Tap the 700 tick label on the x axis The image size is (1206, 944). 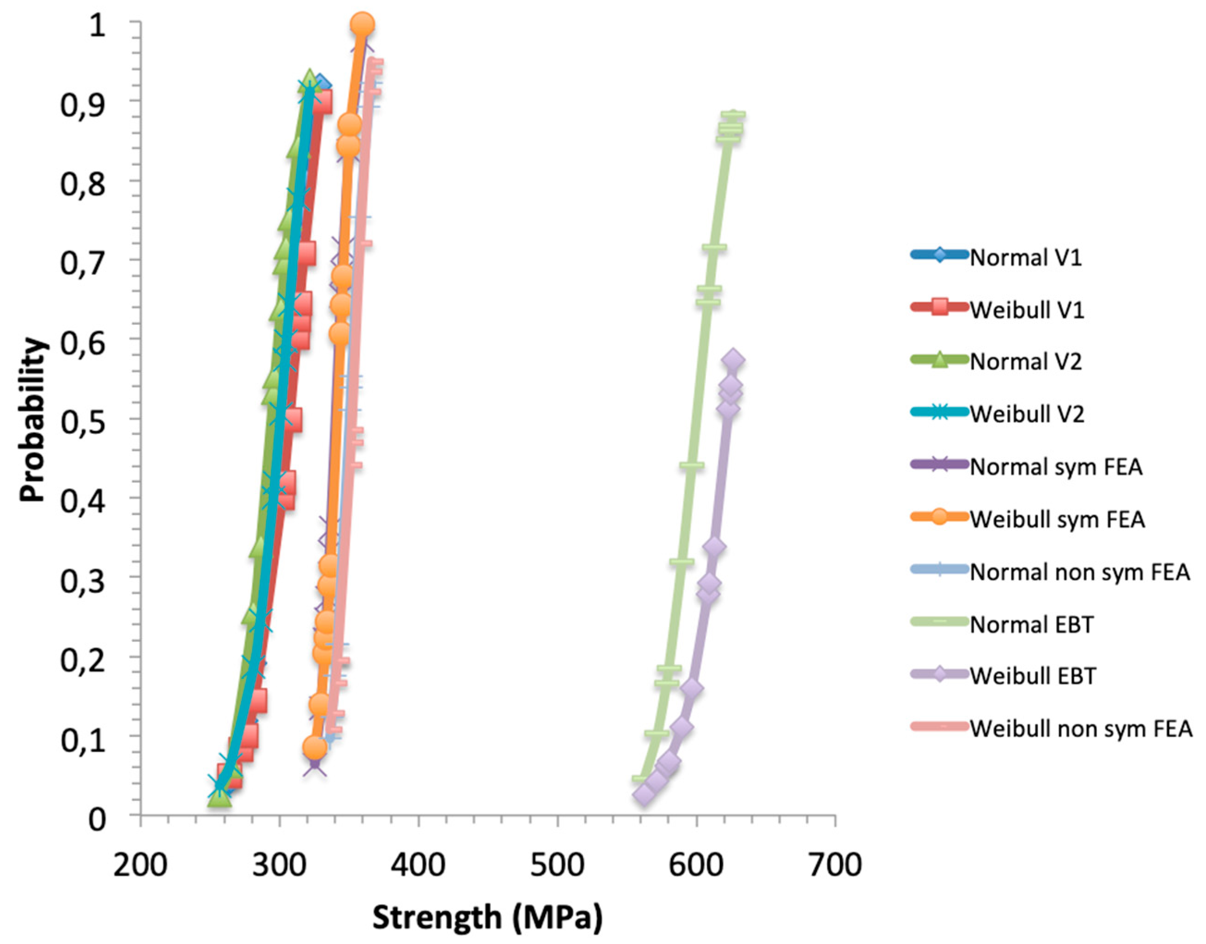(x=834, y=865)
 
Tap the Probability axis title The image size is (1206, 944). (x=32, y=420)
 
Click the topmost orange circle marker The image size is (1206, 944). (x=363, y=24)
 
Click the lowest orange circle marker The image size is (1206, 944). (x=315, y=747)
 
